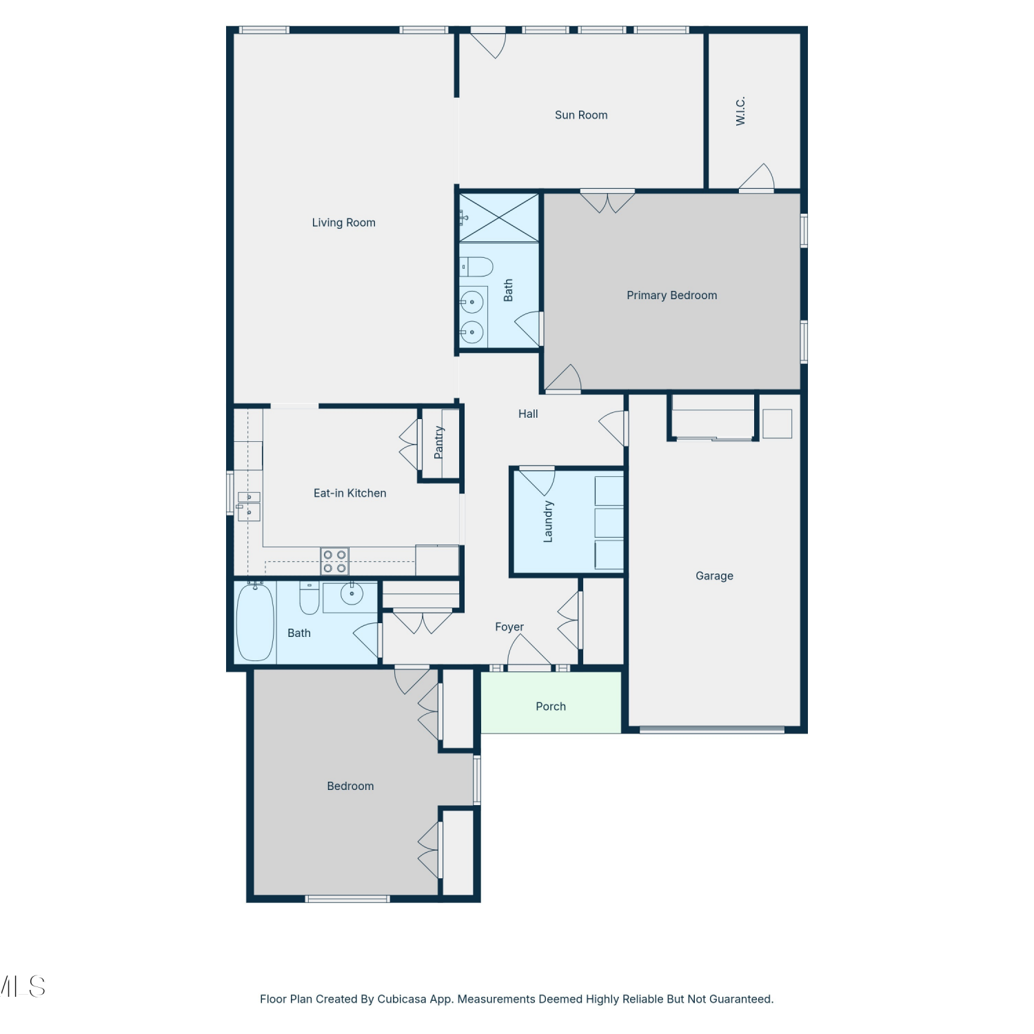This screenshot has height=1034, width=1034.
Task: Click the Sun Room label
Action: click(581, 115)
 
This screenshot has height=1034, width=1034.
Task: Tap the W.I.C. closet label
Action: click(740, 111)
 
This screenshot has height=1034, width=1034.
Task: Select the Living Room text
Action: click(343, 223)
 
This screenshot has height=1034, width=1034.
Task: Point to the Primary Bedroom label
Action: click(671, 295)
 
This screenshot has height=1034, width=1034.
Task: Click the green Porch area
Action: click(551, 702)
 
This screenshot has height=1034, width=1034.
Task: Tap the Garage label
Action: click(714, 576)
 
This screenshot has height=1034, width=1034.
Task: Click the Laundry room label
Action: click(548, 522)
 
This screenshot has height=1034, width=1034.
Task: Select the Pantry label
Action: click(439, 443)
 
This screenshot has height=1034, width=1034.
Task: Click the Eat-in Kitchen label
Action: click(349, 493)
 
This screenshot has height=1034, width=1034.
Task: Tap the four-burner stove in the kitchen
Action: click(334, 561)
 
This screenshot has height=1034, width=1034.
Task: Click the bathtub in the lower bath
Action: click(255, 622)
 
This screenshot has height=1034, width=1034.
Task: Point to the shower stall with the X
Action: click(499, 218)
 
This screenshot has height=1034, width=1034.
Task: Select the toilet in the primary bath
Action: click(476, 267)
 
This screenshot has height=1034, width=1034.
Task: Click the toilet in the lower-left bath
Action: click(310, 598)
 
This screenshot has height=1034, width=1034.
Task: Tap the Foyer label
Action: click(509, 627)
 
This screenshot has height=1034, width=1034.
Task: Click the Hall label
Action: click(528, 414)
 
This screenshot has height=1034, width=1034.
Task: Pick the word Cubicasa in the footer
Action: click(402, 999)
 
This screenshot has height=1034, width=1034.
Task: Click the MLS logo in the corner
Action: click(23, 986)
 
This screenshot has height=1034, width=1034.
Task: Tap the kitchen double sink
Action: click(249, 507)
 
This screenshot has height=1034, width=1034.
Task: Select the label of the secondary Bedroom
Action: click(350, 786)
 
